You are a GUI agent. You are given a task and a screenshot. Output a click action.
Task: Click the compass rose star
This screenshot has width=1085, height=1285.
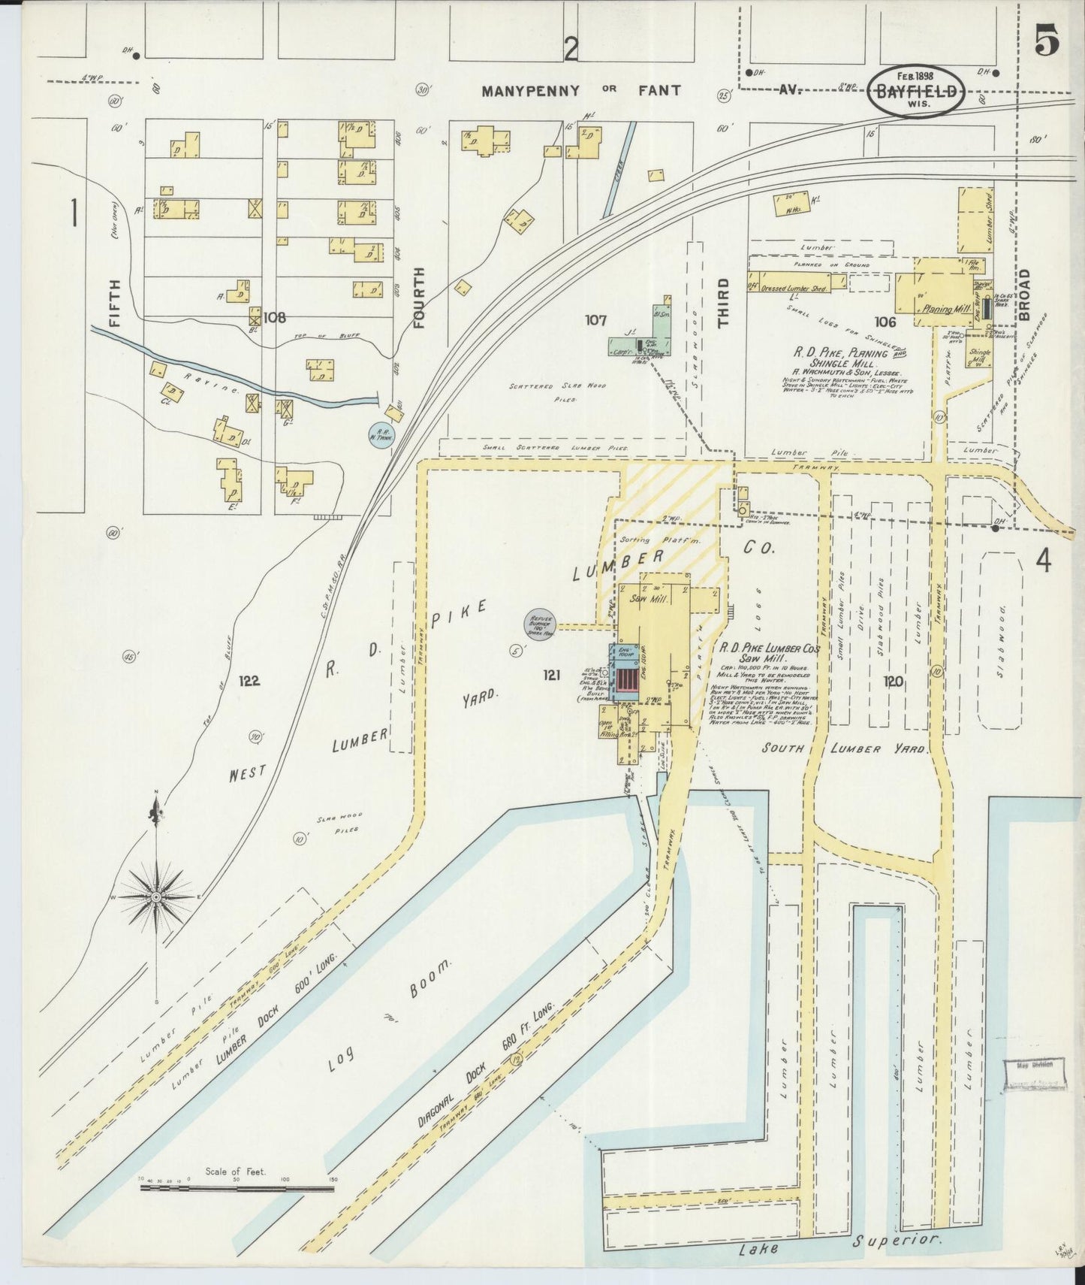tap(155, 896)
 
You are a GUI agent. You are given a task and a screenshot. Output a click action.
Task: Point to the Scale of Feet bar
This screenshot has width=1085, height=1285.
tap(237, 1188)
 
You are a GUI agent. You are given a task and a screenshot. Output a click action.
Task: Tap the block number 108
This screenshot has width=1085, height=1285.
tap(274, 317)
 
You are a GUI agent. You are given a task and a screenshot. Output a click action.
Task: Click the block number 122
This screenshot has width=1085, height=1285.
tap(249, 681)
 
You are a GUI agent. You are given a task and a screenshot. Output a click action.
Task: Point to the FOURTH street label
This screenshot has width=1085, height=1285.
tap(419, 298)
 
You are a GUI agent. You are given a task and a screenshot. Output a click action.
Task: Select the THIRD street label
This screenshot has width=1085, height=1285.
tap(722, 303)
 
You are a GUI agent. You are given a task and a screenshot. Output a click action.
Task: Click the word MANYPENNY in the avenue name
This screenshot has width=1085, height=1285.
tap(530, 91)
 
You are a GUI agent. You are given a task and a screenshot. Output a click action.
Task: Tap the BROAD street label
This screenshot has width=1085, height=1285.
tap(1024, 295)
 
